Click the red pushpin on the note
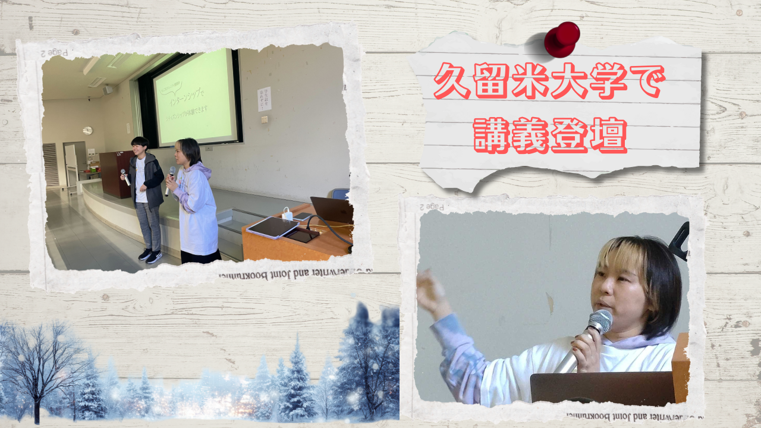(562, 39)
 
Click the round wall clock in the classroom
(87, 130)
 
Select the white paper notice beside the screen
(264, 99)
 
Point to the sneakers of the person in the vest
(149, 256)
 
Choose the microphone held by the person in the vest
(125, 177)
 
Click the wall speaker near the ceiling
(108, 90)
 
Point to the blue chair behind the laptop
(340, 194)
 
